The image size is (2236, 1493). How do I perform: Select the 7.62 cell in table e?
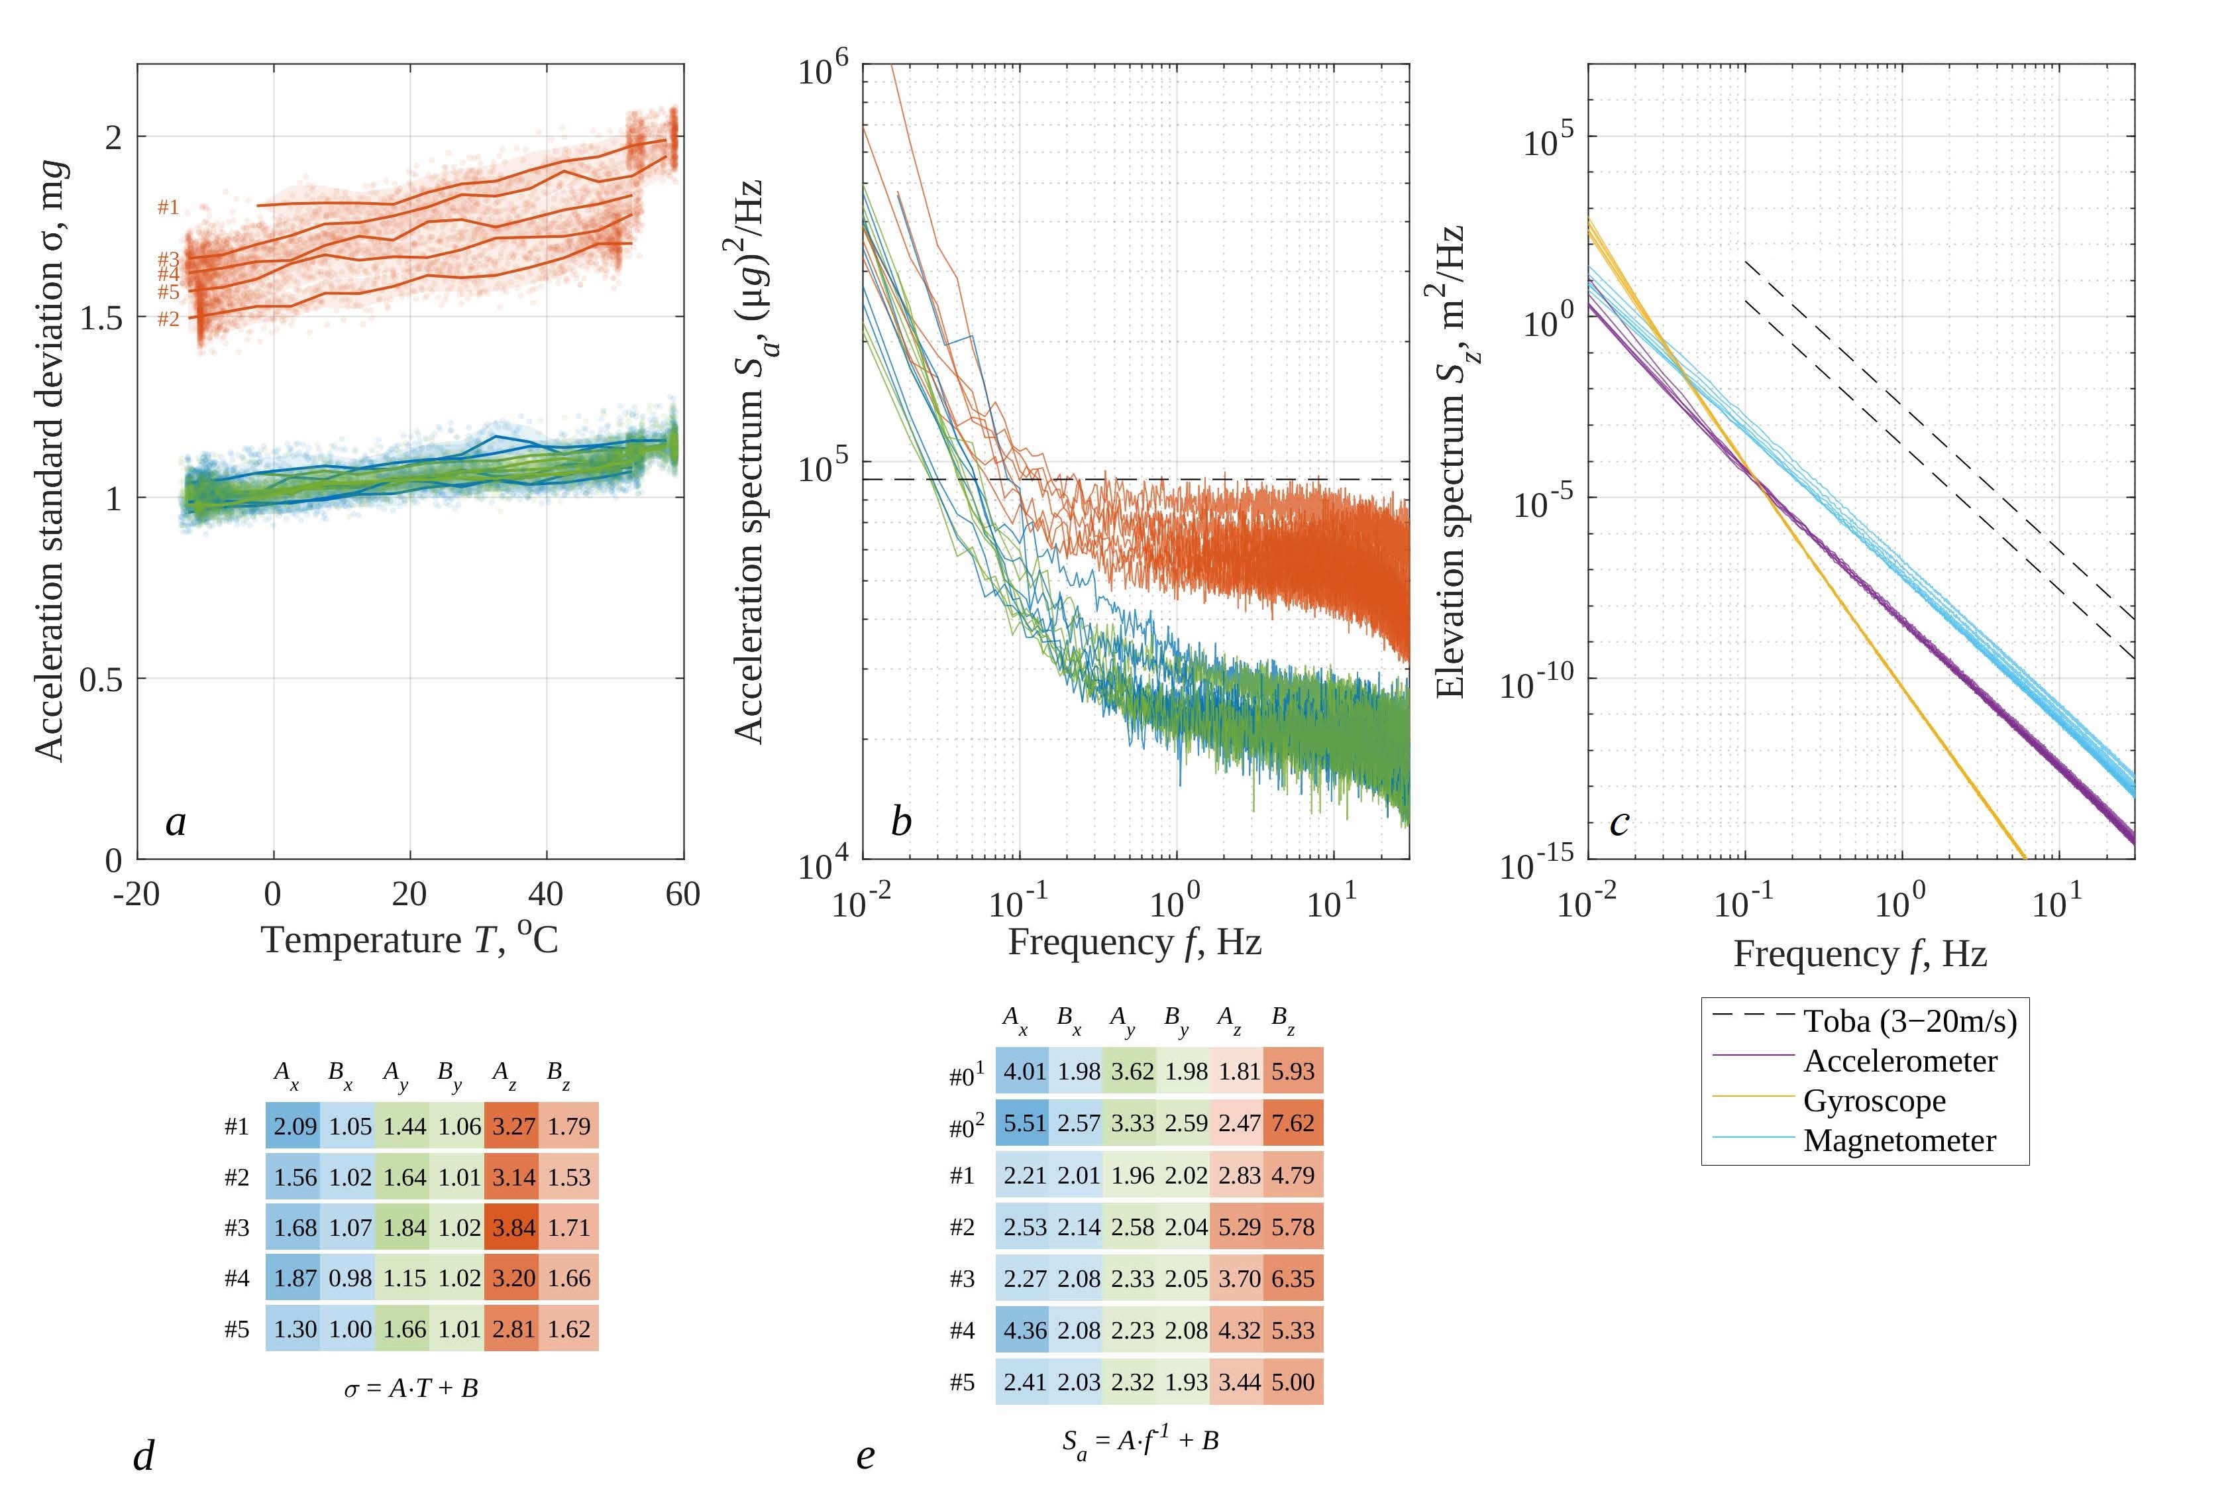(x=1293, y=1123)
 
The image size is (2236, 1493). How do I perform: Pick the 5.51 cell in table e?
(x=1024, y=1123)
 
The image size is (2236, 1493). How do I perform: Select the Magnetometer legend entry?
(x=1899, y=1140)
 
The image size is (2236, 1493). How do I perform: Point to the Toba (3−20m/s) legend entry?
(x=1909, y=1021)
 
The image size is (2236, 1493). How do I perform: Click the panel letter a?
(x=175, y=822)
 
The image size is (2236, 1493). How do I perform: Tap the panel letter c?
(x=1619, y=822)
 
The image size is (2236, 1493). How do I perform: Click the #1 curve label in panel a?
(x=168, y=207)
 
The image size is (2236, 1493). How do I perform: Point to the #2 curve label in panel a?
(x=168, y=319)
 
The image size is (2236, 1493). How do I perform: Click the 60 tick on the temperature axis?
(x=682, y=894)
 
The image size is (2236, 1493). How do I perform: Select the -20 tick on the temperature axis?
(x=136, y=894)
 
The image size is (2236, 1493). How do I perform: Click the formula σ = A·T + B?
(x=411, y=1388)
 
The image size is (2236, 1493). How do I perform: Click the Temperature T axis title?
(x=409, y=940)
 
